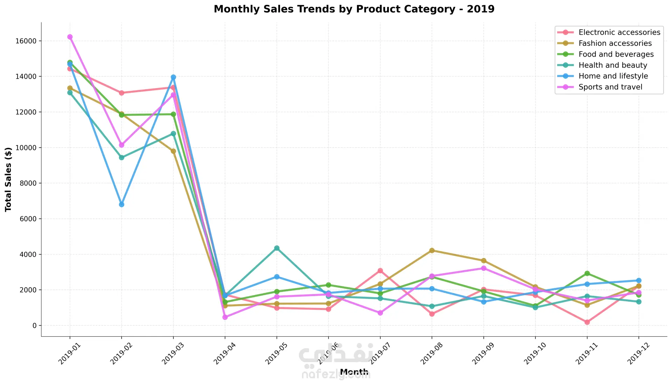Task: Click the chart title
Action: [354, 9]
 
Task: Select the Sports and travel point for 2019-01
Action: [70, 37]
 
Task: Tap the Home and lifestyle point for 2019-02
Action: [121, 204]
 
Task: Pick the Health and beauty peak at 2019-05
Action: [277, 248]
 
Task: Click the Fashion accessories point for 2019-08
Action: [432, 250]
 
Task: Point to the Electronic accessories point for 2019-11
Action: [587, 322]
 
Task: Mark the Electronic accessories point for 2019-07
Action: [380, 271]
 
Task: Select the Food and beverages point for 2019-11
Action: [587, 273]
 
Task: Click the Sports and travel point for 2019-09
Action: [484, 268]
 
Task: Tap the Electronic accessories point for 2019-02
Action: [121, 93]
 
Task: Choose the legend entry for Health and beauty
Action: [612, 65]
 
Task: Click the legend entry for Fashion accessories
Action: [615, 43]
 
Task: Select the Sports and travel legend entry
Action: [610, 87]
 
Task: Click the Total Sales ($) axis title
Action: [8, 179]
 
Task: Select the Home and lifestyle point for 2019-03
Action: [173, 77]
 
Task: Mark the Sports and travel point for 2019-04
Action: [225, 317]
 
